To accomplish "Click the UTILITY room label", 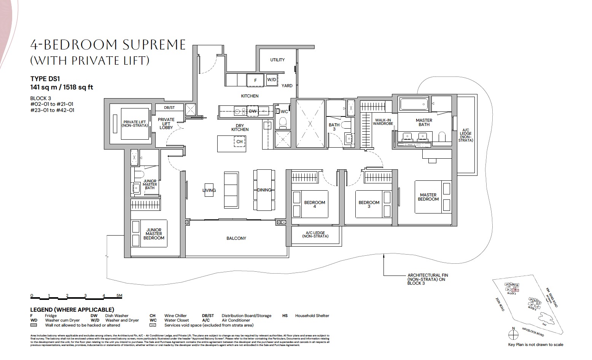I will (x=277, y=60).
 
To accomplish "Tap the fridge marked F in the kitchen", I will (x=255, y=80).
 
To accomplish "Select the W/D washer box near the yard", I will (x=271, y=80).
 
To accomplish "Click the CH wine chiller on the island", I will (x=239, y=142).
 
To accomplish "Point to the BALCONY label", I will (x=236, y=238).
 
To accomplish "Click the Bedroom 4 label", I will (x=315, y=205).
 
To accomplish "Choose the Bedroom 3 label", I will (x=369, y=205).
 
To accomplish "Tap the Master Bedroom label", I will (x=428, y=197).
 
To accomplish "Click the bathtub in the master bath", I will (x=413, y=104).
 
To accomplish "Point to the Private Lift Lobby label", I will (x=166, y=123).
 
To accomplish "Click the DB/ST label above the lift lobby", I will (x=169, y=108).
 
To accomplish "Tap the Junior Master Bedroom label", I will (x=154, y=234).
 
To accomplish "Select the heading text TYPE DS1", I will (x=45, y=79).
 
